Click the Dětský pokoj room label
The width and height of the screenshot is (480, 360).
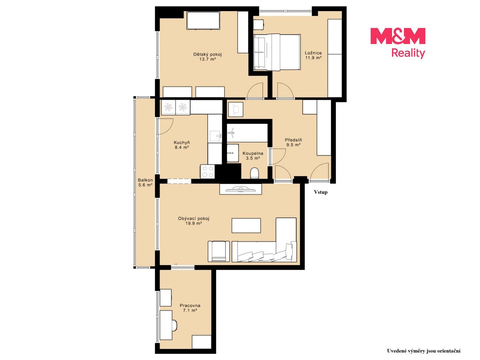click(207, 56)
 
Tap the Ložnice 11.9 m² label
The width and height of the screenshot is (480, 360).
click(313, 55)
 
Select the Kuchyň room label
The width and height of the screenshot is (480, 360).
click(182, 145)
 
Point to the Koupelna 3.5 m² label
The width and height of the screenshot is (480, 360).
click(253, 155)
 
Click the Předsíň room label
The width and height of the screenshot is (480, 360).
click(293, 142)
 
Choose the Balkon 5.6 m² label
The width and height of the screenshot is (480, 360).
click(145, 182)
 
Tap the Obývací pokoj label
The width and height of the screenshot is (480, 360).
click(194, 221)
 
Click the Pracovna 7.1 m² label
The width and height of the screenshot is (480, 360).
click(190, 308)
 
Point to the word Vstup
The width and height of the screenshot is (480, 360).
click(321, 192)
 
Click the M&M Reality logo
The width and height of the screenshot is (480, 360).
click(398, 43)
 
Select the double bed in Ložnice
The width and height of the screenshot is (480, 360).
click(277, 52)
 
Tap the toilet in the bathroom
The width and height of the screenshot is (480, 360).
click(254, 173)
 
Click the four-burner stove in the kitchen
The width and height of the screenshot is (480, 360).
click(208, 171)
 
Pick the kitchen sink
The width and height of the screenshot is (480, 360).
click(215, 136)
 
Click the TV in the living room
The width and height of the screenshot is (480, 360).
click(241, 189)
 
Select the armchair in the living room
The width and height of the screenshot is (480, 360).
click(219, 251)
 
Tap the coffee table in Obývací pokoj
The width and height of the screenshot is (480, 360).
click(246, 225)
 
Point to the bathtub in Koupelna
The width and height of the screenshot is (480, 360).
click(247, 133)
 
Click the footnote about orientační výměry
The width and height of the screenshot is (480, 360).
click(424, 351)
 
